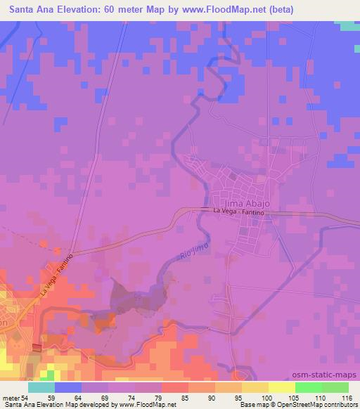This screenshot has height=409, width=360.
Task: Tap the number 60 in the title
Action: [120, 10]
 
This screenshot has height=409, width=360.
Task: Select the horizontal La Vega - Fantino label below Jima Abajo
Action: [235, 211]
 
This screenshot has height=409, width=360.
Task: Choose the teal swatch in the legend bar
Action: [41, 387]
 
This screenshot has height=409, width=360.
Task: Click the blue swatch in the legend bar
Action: [68, 387]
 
